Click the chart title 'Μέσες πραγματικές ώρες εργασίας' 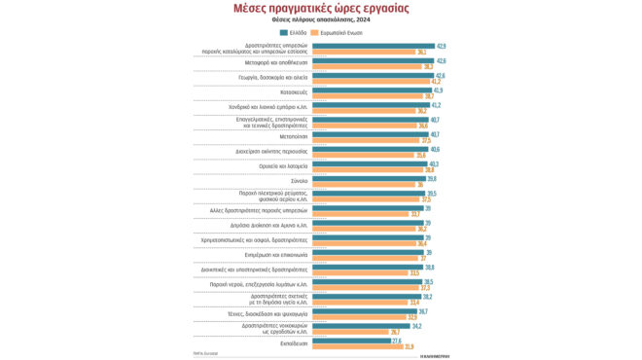click(x=320, y=9)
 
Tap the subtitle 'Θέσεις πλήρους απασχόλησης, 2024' click(x=320, y=21)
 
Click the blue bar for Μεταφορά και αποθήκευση click(x=373, y=61)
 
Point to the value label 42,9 click(x=441, y=46)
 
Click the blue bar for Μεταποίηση click(x=370, y=135)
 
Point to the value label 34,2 click(x=417, y=326)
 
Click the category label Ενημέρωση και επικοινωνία click(x=276, y=255)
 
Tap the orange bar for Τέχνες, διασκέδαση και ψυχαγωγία click(x=359, y=317)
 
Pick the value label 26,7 click(x=396, y=332)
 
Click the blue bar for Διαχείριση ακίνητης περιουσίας click(x=370, y=150)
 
